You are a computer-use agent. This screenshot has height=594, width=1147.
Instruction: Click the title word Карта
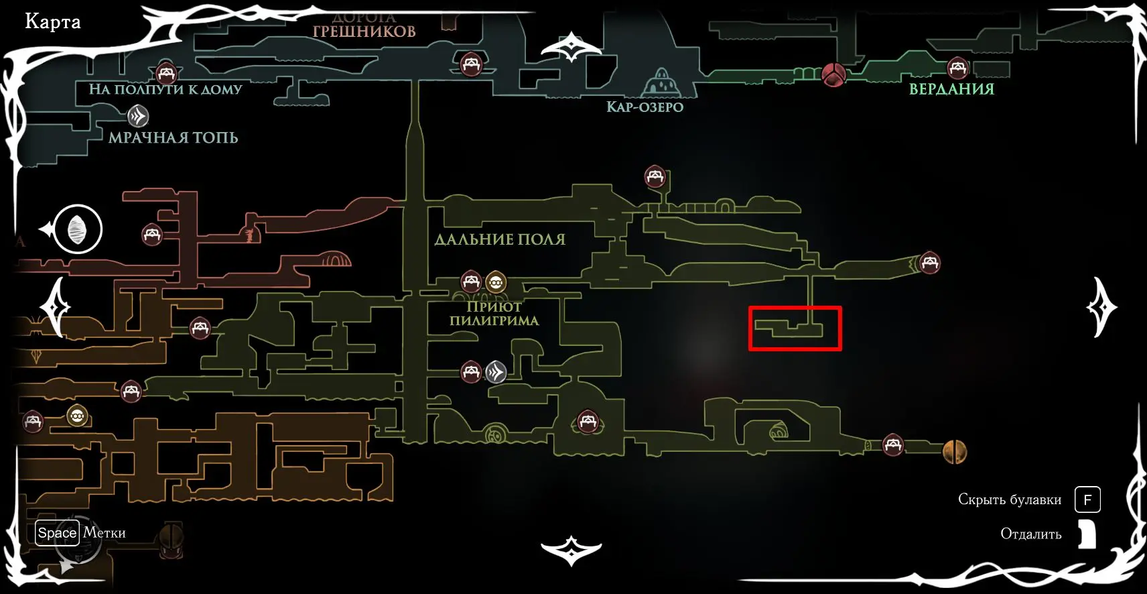(x=52, y=22)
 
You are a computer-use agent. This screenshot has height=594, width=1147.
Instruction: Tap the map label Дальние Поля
(x=500, y=239)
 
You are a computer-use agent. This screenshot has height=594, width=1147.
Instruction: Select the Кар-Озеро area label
(x=645, y=107)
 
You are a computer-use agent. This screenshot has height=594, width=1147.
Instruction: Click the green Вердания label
(x=951, y=89)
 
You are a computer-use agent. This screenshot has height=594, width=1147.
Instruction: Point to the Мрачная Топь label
(x=173, y=137)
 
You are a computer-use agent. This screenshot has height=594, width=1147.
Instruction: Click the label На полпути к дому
(x=165, y=89)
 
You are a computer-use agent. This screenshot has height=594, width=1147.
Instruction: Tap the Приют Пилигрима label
(x=494, y=313)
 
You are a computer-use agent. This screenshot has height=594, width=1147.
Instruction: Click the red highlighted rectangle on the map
(x=795, y=329)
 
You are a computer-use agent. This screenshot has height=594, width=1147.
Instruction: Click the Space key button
(x=57, y=533)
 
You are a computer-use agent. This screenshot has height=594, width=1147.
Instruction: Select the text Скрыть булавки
(x=1009, y=499)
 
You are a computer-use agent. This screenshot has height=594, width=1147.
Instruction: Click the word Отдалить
(x=1030, y=534)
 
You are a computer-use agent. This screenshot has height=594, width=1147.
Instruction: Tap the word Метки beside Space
(x=105, y=533)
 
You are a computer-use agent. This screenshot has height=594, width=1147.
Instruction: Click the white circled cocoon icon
(x=78, y=229)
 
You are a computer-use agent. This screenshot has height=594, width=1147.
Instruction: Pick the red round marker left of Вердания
(x=833, y=74)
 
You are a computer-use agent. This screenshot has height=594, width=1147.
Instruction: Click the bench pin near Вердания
(x=957, y=68)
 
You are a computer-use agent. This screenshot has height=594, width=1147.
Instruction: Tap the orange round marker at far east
(x=955, y=452)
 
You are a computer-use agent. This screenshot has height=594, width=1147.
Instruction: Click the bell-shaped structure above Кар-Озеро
(x=661, y=82)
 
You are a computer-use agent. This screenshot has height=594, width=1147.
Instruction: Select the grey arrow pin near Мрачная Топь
(x=138, y=117)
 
